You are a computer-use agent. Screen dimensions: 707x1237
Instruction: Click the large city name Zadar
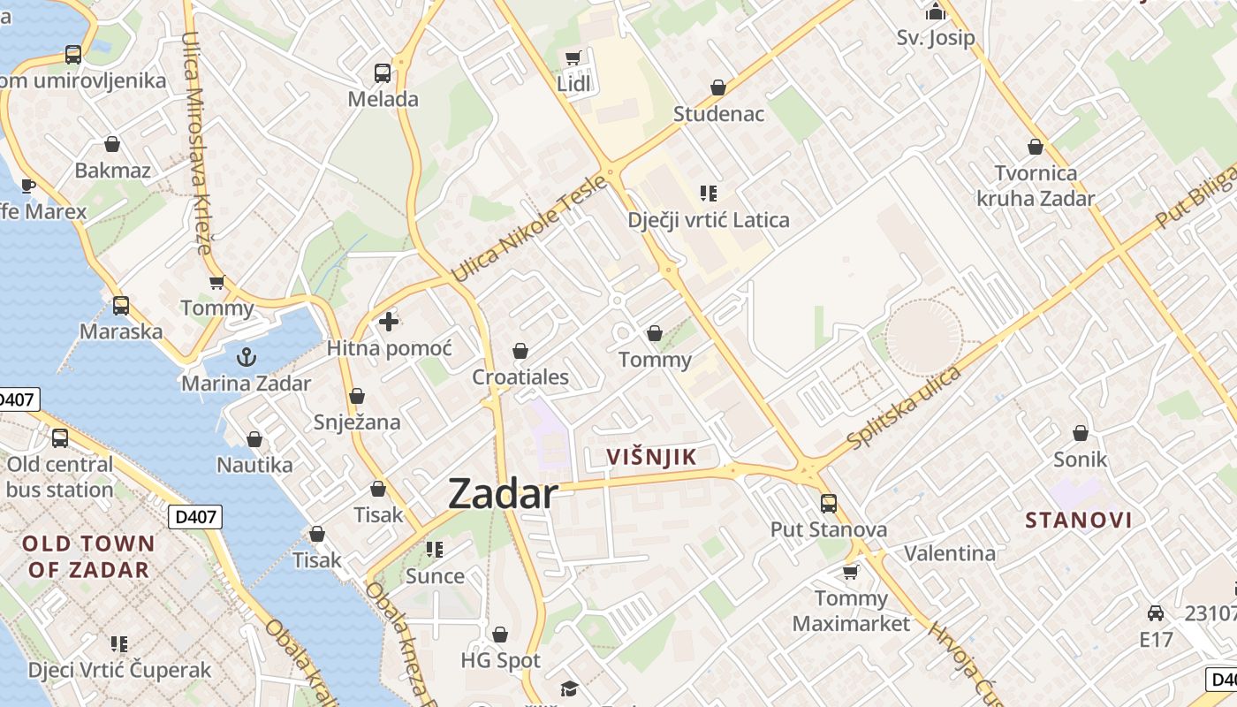pyautogui.click(x=503, y=493)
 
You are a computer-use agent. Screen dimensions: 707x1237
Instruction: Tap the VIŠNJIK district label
pyautogui.click(x=652, y=457)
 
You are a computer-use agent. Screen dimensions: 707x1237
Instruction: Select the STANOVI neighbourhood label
pyautogui.click(x=1079, y=520)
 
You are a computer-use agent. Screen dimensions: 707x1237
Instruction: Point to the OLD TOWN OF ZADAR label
pyautogui.click(x=88, y=556)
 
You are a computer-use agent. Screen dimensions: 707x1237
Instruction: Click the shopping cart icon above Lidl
pyautogui.click(x=573, y=58)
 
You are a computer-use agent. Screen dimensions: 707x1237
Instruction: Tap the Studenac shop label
pyautogui.click(x=718, y=114)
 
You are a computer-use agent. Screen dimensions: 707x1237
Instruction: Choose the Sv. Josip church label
pyautogui.click(x=935, y=38)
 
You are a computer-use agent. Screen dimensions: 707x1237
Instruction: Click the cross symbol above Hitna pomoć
pyautogui.click(x=388, y=322)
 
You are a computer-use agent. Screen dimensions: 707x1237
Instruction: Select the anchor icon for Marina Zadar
pyautogui.click(x=247, y=357)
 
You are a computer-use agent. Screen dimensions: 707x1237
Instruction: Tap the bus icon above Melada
pyautogui.click(x=383, y=72)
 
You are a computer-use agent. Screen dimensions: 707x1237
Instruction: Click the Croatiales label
pyautogui.click(x=520, y=377)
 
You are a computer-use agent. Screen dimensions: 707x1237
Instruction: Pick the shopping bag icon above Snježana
pyautogui.click(x=357, y=396)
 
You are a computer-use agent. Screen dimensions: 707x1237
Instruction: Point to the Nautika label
pyautogui.click(x=254, y=465)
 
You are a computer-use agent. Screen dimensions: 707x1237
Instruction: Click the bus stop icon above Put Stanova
pyautogui.click(x=829, y=503)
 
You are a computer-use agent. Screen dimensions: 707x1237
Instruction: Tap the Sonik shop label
pyautogui.click(x=1080, y=460)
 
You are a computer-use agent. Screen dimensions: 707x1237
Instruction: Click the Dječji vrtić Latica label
pyautogui.click(x=709, y=220)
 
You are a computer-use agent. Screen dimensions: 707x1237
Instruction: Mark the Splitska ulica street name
pyautogui.click(x=904, y=407)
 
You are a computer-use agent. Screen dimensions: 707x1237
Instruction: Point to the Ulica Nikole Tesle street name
pyautogui.click(x=529, y=229)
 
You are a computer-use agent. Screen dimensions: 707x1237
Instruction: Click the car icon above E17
pyautogui.click(x=1155, y=613)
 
